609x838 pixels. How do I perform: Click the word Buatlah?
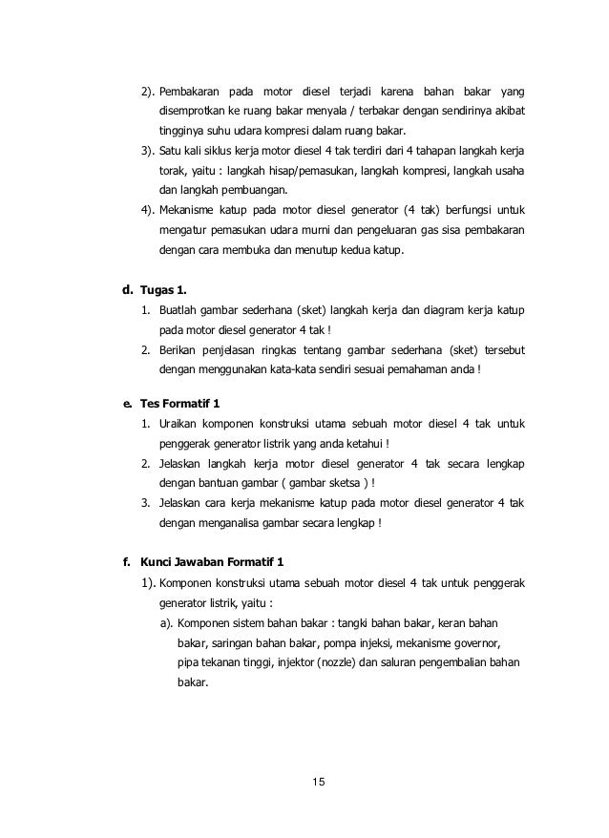(x=179, y=311)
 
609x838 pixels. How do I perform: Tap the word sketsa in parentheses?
(x=339, y=483)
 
